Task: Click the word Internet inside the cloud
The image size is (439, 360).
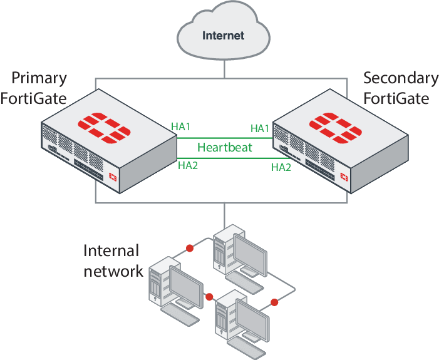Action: click(x=223, y=36)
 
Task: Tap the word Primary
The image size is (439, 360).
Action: click(x=39, y=79)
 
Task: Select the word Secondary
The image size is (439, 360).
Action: click(x=401, y=78)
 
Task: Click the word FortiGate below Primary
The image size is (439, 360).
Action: click(x=34, y=98)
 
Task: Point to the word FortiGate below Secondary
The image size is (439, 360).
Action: click(x=396, y=98)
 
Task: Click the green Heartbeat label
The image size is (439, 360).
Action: click(x=225, y=147)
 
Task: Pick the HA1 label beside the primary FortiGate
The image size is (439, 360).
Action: click(x=181, y=126)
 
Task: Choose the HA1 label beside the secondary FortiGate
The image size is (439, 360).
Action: click(x=260, y=128)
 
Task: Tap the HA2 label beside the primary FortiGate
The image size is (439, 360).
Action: click(x=188, y=165)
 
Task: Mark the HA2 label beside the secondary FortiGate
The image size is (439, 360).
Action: click(x=281, y=167)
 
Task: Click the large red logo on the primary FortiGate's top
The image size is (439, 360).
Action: click(x=104, y=128)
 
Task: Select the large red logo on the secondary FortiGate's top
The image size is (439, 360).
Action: click(x=336, y=128)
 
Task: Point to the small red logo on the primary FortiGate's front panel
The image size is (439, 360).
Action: click(x=113, y=177)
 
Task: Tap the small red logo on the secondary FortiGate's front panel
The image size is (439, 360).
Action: click(x=344, y=177)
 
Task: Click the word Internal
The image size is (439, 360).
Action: click(x=111, y=250)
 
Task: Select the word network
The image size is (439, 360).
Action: click(x=113, y=271)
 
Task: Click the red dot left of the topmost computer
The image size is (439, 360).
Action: click(x=190, y=249)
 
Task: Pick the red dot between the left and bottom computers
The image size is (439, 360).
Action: click(x=209, y=297)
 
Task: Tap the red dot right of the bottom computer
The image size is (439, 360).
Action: click(x=274, y=302)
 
